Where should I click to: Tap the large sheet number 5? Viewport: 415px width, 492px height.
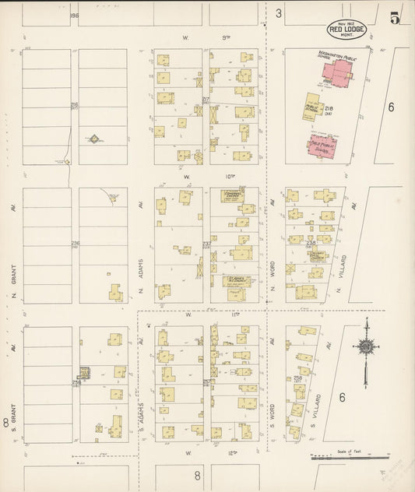[x=396, y=19]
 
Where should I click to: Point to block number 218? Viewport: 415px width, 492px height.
[x=329, y=108]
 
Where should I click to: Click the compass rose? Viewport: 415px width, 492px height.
[x=364, y=346]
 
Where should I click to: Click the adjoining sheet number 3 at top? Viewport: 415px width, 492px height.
[x=277, y=12]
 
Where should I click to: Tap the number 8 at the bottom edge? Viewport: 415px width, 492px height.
[x=197, y=474]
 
